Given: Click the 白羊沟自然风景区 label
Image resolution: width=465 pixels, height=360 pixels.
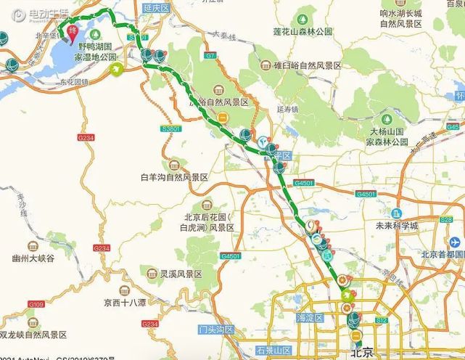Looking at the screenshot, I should point(174,176).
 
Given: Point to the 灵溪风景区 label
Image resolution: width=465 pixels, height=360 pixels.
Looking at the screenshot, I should point(181,274).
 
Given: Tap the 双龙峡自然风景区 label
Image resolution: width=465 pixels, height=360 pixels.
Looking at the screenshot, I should point(33,335).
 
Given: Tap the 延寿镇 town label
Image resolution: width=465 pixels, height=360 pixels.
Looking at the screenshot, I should point(288,110).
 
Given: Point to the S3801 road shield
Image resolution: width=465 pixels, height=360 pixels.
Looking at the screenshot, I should point(172,127).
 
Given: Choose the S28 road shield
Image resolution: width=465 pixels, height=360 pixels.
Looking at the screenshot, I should point(446,219).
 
